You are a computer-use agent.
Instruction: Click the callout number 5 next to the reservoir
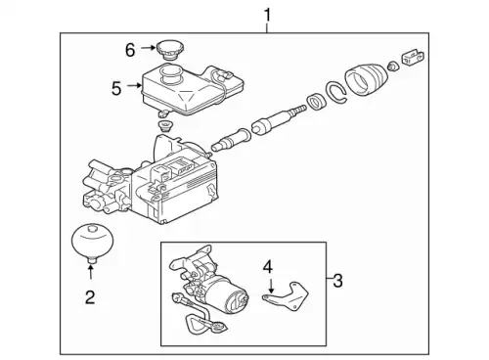116,88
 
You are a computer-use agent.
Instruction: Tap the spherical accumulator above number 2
90,242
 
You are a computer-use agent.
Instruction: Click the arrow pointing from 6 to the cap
145,48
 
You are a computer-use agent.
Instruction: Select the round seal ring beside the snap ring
317,101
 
